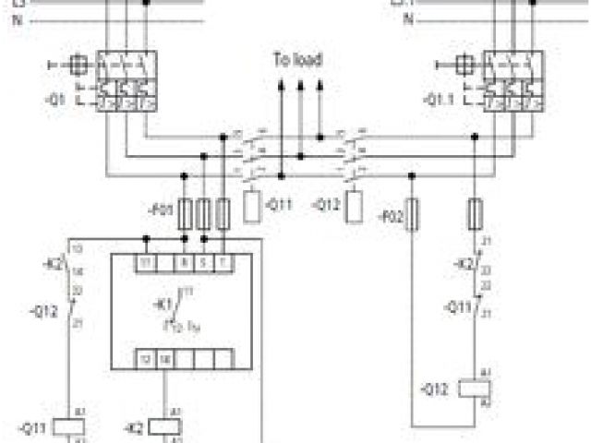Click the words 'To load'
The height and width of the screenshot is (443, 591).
coord(296,61)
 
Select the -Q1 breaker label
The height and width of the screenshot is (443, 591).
coord(54,102)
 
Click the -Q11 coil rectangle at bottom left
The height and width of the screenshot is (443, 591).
coord(69,426)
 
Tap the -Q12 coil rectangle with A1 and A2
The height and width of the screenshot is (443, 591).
coord(478,388)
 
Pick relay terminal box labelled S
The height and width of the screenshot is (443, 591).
coord(203,263)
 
